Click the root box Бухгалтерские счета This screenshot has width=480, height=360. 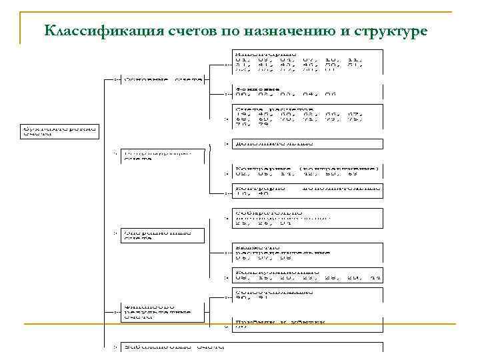(x=58, y=129)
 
